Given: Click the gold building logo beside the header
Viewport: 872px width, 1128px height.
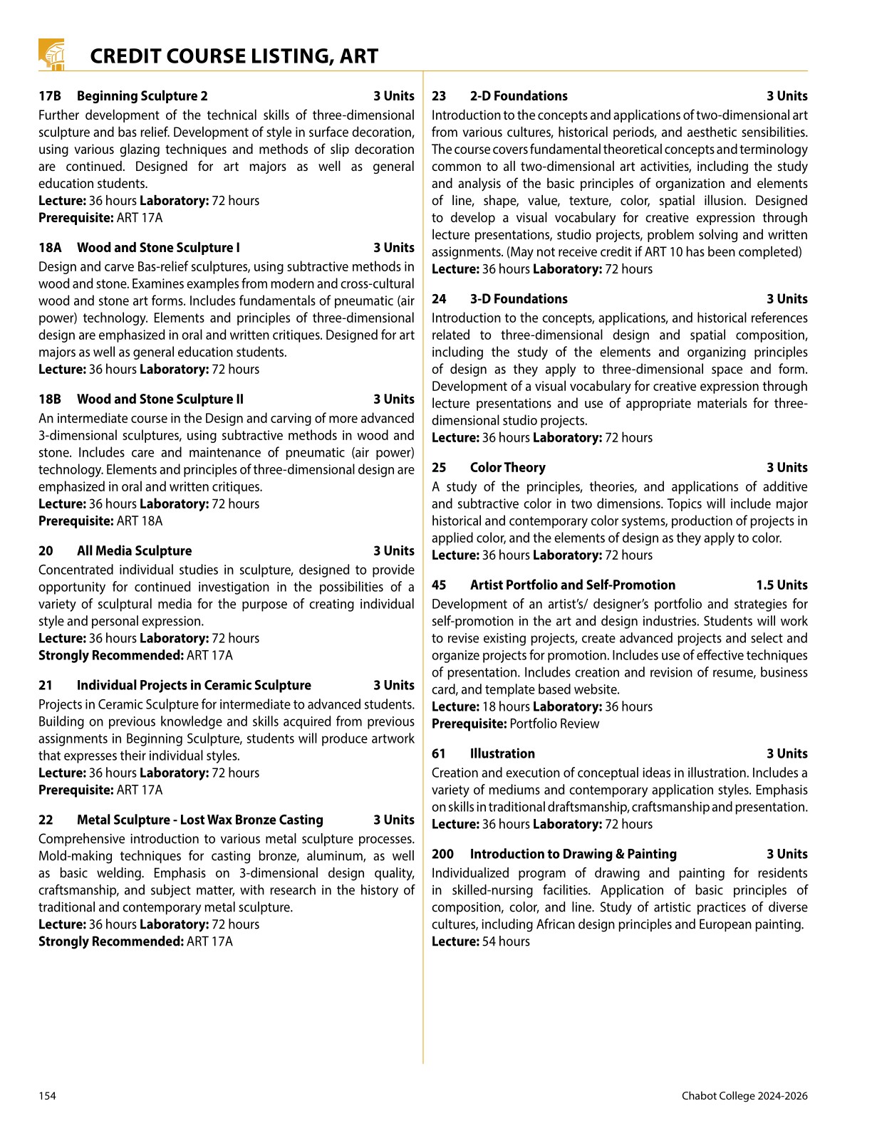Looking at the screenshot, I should (51, 55).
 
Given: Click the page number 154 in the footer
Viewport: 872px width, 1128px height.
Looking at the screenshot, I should (47, 1096).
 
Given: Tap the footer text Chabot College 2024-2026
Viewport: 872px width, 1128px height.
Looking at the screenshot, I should (744, 1096).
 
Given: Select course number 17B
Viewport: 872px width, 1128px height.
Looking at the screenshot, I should (50, 96).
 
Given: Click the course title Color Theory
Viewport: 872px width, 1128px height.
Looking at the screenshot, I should (507, 468).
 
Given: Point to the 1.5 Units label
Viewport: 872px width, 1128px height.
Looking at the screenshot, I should (782, 585).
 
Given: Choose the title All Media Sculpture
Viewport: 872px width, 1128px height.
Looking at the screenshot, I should (134, 551).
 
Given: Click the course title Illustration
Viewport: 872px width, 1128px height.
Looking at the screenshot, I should (502, 754).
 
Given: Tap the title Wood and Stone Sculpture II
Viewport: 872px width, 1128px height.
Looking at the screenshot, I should (160, 399).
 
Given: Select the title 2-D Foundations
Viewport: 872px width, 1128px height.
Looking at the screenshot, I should (519, 96).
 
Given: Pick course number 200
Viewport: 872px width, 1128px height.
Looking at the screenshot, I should (442, 855).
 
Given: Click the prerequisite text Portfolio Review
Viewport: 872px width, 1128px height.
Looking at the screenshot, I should (554, 724).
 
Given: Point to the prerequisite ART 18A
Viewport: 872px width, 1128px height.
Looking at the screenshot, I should (139, 521).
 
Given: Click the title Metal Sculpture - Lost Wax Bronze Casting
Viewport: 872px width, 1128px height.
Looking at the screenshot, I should (199, 820).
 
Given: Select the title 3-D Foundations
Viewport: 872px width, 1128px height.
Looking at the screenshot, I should (519, 299).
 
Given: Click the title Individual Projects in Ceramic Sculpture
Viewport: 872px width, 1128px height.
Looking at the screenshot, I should (194, 686).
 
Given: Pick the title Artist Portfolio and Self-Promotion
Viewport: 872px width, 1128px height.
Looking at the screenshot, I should (572, 585).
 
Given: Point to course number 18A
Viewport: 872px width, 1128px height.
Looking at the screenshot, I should (50, 248).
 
